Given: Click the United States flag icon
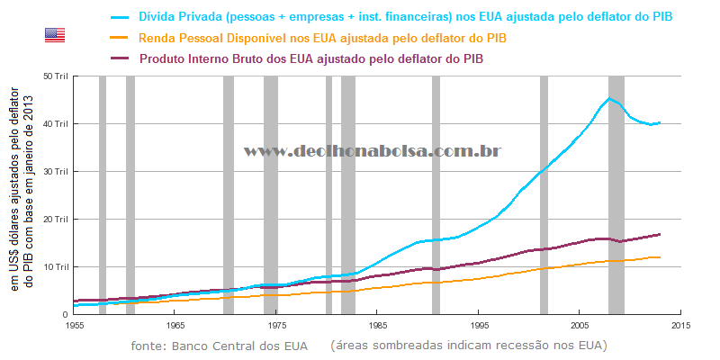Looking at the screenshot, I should point(55,35).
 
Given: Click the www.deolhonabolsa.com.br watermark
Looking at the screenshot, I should point(373,152).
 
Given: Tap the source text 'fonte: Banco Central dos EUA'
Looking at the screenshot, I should point(219,346).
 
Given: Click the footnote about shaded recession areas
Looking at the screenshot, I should point(468,346).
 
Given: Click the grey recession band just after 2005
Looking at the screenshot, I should point(616,194).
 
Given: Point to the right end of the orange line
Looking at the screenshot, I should point(660,257).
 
